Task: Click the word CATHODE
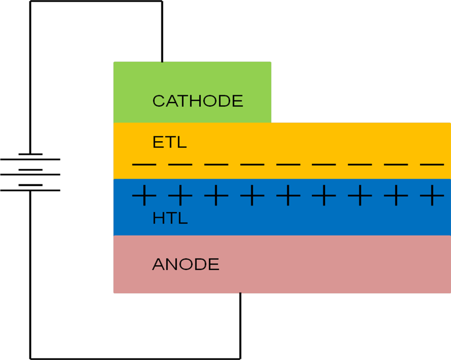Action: click(197, 101)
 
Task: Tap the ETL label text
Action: click(170, 143)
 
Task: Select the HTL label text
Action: click(170, 219)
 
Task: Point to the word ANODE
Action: click(185, 265)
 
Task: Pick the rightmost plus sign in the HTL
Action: click(432, 195)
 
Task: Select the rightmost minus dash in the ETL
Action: click(432, 164)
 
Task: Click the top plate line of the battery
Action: click(30, 154)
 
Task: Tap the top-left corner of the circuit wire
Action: click(30, 1)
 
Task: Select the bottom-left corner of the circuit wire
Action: click(30, 358)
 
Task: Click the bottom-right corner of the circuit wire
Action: click(240, 358)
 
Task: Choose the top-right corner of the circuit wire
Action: click(162, 1)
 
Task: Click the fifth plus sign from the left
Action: click(288, 195)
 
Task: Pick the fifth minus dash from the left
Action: click(288, 164)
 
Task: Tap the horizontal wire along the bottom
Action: click(136, 358)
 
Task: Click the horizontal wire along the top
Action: click(95, 1)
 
